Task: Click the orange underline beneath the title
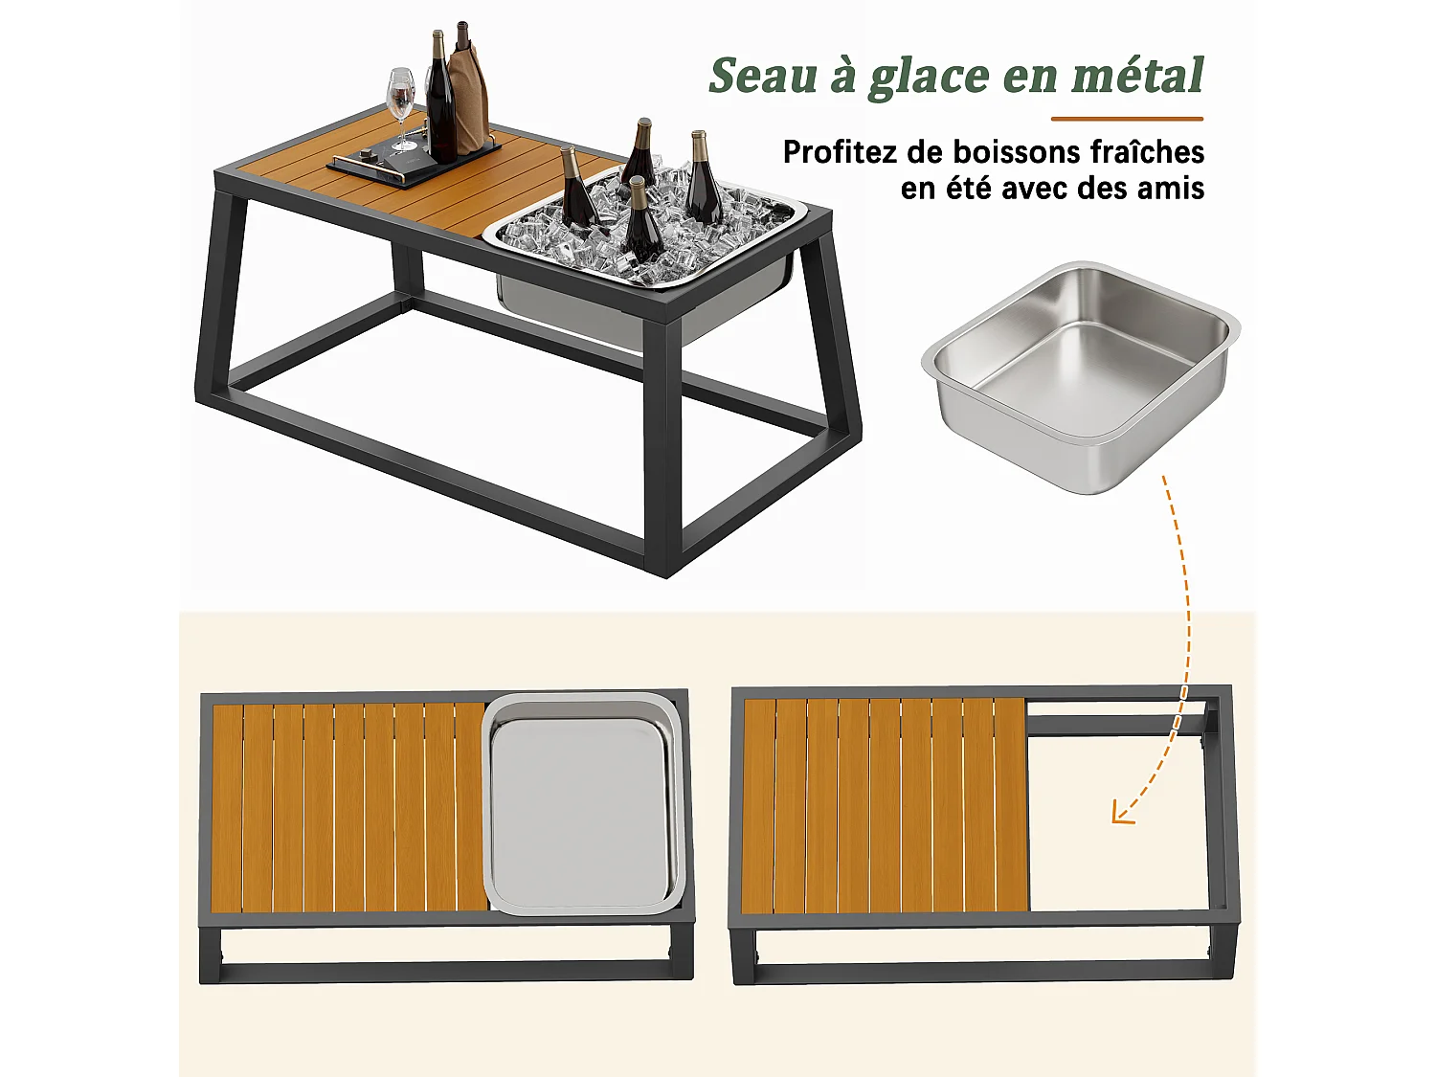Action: (1127, 119)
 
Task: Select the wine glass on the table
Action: (402, 105)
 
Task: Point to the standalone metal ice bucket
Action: (1080, 373)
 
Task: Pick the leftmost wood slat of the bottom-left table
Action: (227, 807)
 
